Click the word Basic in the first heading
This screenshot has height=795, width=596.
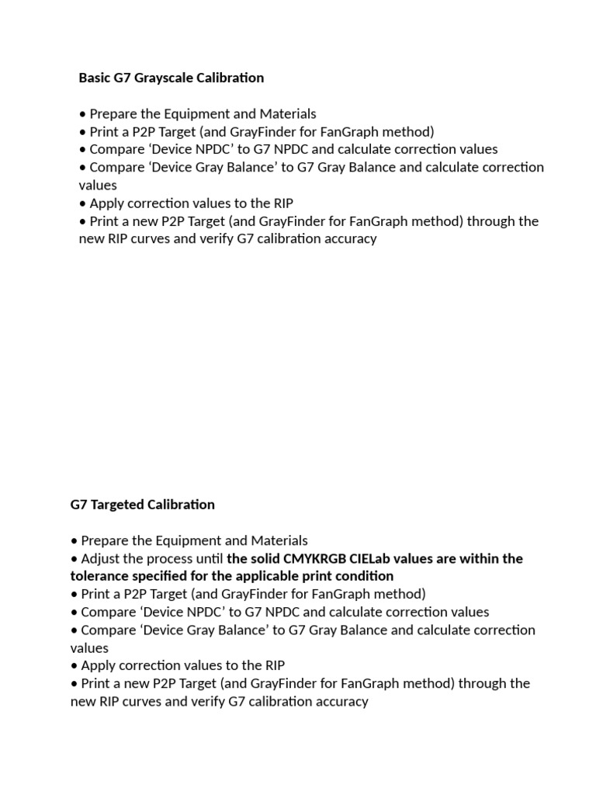click(x=94, y=78)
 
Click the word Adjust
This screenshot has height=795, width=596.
click(x=100, y=559)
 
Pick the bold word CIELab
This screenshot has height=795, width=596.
click(x=375, y=559)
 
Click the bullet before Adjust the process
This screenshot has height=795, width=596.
click(x=74, y=559)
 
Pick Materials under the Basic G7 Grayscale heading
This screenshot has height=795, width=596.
click(x=287, y=114)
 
